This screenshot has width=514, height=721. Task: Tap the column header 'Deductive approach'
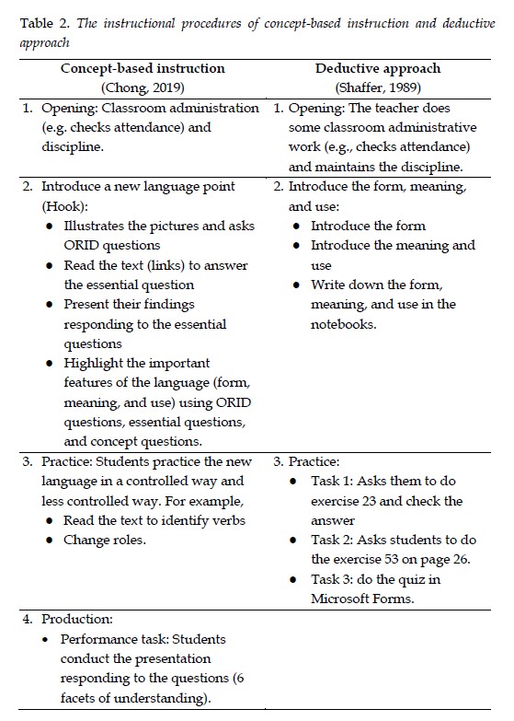[377, 68]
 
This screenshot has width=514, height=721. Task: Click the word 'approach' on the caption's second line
[43, 41]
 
